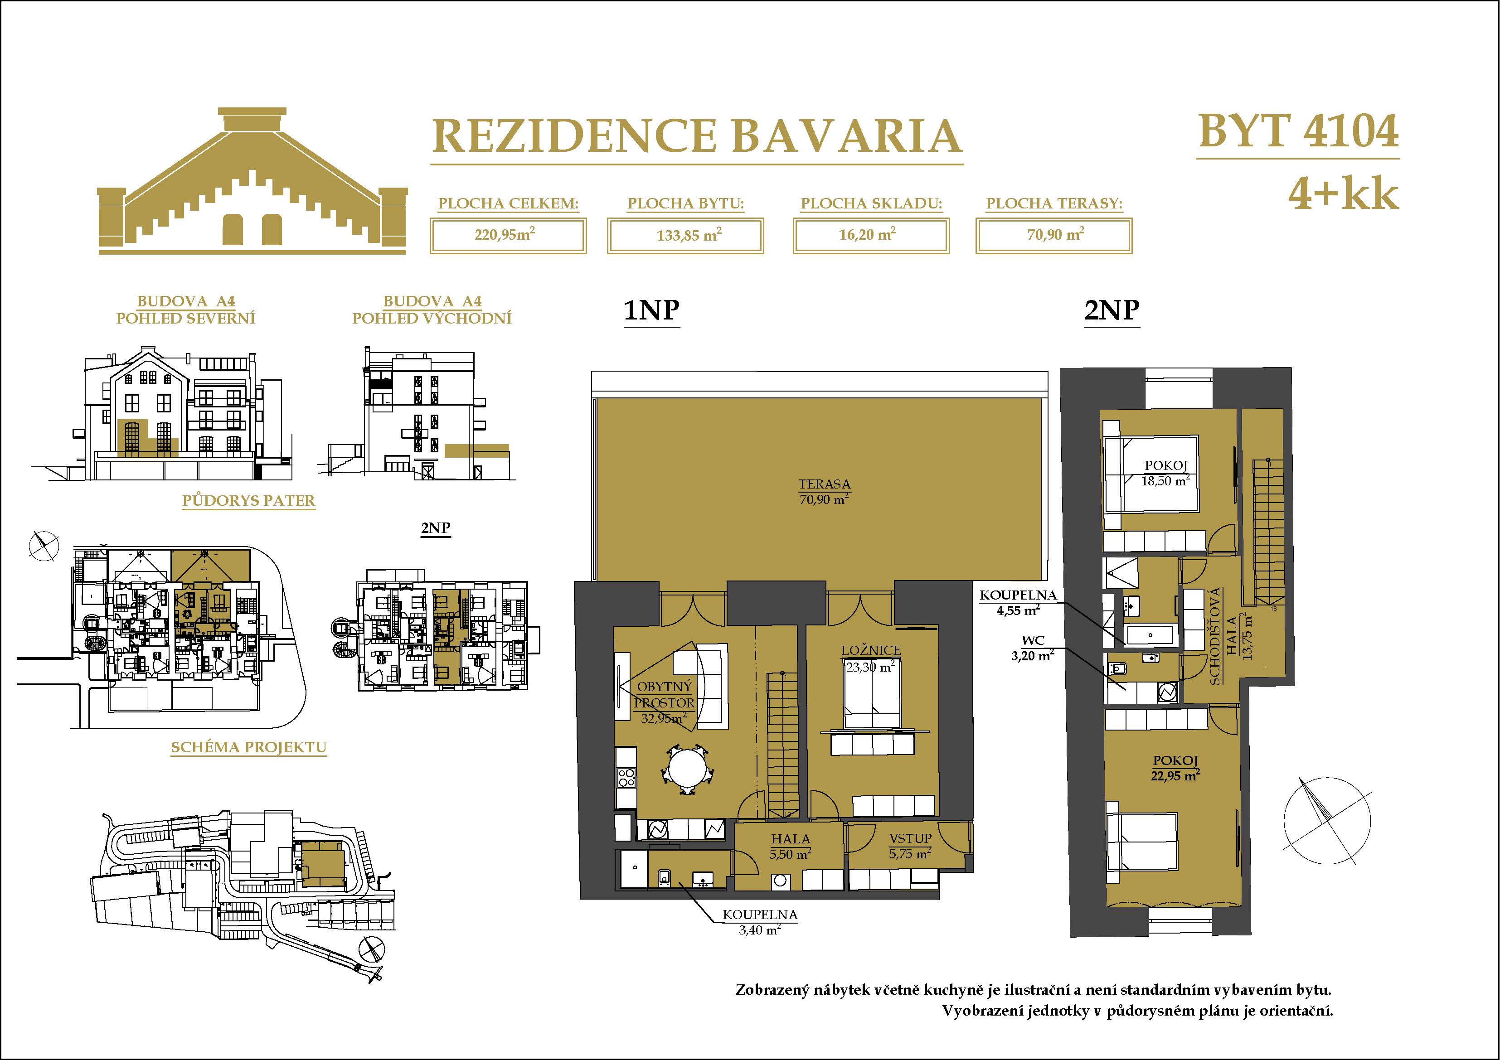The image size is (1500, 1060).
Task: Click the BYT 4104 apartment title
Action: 1298,132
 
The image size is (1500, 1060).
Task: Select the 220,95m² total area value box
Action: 508,236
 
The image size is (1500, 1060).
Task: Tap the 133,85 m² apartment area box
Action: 685,236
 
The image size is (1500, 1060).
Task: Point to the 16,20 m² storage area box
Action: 871,236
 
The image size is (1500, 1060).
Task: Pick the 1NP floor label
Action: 651,310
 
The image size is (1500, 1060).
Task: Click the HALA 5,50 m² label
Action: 791,846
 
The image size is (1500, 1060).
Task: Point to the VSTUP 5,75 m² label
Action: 910,846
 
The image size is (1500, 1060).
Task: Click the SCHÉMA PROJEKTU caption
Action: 249,747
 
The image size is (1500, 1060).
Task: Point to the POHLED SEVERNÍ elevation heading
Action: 185,318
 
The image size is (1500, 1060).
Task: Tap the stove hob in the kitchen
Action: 626,777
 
